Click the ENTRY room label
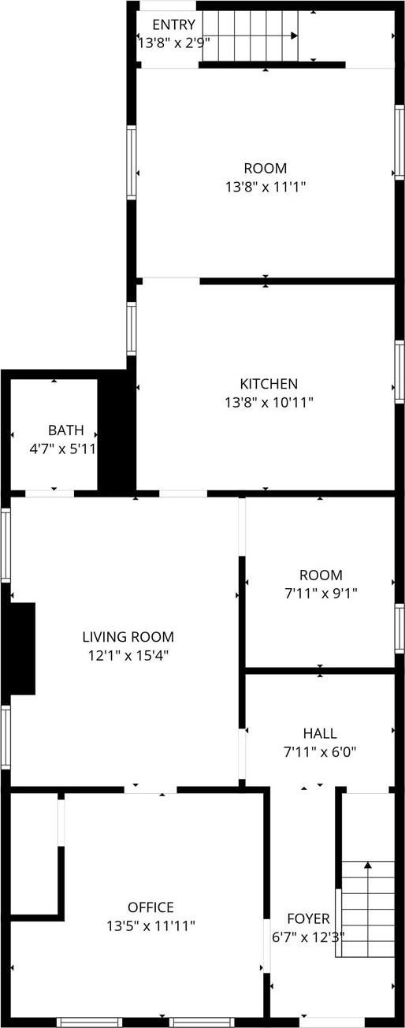click(x=173, y=25)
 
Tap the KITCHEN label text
click(x=269, y=384)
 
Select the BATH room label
click(x=66, y=430)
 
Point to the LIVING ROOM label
click(x=128, y=637)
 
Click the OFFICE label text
click(x=150, y=907)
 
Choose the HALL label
click(x=320, y=733)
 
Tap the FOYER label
click(x=308, y=918)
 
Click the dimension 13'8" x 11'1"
click(x=265, y=187)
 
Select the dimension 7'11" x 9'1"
click(x=320, y=594)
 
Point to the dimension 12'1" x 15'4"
click(x=128, y=655)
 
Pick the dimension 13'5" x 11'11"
click(x=150, y=926)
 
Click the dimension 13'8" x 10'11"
click(x=269, y=403)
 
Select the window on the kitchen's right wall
click(x=399, y=372)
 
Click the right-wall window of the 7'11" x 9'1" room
click(x=399, y=628)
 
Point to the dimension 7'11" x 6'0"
click(x=320, y=752)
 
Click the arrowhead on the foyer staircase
click(x=368, y=865)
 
